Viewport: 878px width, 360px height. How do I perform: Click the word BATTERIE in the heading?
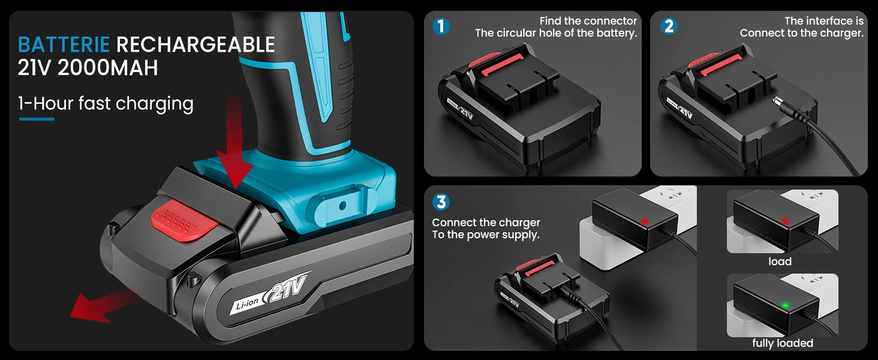point(64,44)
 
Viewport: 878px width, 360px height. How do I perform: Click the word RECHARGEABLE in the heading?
point(196,44)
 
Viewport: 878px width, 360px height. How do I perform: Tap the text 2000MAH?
point(108,67)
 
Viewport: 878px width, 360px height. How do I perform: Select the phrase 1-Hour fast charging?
point(106,104)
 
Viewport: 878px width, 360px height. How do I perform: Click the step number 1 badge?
point(441,26)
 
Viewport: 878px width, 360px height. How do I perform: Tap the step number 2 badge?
point(669,26)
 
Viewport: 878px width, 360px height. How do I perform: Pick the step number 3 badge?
point(441,202)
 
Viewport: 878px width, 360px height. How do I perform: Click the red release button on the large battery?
point(184,220)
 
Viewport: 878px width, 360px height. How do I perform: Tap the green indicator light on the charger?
point(785,305)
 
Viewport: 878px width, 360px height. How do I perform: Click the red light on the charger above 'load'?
point(785,221)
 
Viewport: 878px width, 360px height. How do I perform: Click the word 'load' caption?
point(780,262)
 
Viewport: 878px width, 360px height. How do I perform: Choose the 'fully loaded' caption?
point(783,343)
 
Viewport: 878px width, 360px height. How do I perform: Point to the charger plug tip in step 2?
point(776,101)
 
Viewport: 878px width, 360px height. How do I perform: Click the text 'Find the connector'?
point(588,21)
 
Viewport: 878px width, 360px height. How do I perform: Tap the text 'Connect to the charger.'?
point(802,34)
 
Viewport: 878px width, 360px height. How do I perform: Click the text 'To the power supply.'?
point(486,235)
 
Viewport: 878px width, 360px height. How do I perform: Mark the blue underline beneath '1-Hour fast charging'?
point(37,119)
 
